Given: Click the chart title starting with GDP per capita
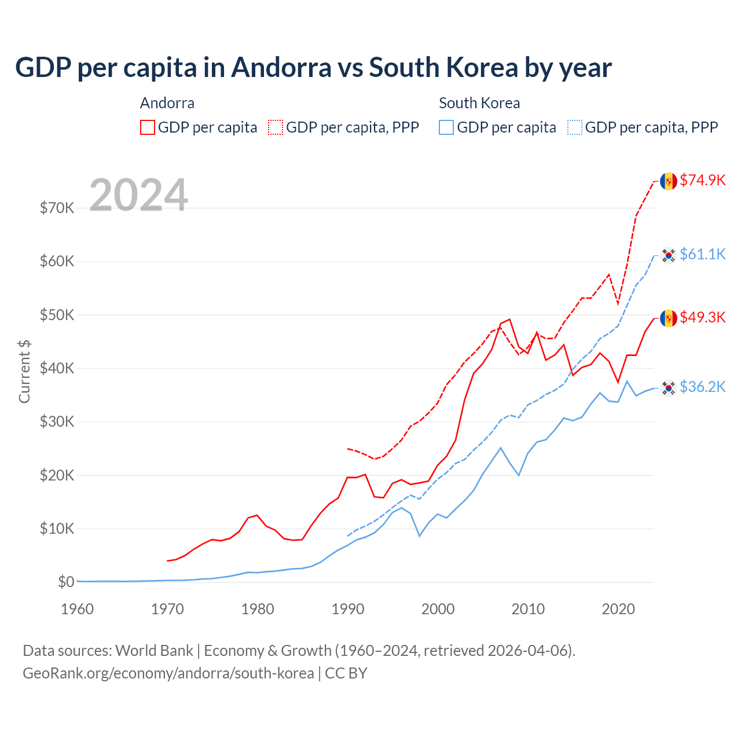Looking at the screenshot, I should [313, 68].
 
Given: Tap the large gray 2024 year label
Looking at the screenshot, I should [138, 195].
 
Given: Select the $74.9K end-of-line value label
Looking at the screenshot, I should [702, 180].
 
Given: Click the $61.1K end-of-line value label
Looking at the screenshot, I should [702, 254].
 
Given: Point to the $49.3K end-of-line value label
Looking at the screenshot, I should [702, 317].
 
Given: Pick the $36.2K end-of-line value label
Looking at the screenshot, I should [702, 387].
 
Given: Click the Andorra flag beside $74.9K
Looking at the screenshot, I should [669, 181].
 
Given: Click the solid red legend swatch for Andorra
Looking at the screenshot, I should [148, 127].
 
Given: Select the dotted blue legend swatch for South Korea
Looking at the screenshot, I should [575, 127].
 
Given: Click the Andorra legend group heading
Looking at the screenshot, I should [167, 103].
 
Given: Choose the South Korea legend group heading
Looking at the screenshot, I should [479, 103].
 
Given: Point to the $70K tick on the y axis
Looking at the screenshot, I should [57, 208].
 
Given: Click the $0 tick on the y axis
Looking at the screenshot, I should [66, 582].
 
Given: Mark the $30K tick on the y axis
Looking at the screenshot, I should [57, 421].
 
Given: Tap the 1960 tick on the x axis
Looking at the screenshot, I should [77, 609].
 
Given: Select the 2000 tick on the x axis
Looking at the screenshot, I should [438, 609].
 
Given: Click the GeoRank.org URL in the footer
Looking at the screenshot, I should [168, 673].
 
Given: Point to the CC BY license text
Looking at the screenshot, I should [346, 673].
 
